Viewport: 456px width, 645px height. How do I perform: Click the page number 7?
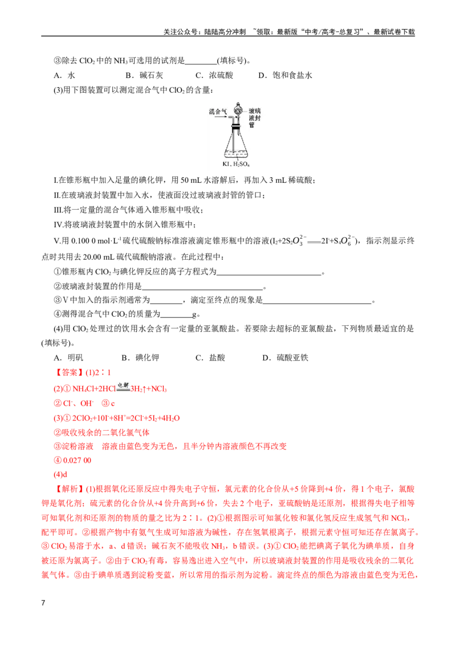[x=43, y=603]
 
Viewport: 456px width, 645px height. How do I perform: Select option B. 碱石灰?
[x=144, y=75]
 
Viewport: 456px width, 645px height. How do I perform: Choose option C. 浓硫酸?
[x=214, y=75]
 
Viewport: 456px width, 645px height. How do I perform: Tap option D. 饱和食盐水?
[x=285, y=75]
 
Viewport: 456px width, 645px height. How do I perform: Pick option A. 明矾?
[x=68, y=357]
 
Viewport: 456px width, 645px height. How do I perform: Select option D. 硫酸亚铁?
[x=285, y=357]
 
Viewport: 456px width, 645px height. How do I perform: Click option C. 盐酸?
[x=210, y=357]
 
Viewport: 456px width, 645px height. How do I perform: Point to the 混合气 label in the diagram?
[x=218, y=112]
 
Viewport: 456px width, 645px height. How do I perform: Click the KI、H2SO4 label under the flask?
[x=236, y=164]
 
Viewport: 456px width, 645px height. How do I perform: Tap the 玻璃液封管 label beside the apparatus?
[x=254, y=118]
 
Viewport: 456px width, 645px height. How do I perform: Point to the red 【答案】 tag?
[x=68, y=373]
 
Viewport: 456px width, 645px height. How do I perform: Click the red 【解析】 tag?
[x=68, y=489]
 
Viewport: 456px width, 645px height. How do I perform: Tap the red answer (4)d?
[x=60, y=474]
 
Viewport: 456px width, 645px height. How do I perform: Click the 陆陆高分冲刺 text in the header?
[x=225, y=32]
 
